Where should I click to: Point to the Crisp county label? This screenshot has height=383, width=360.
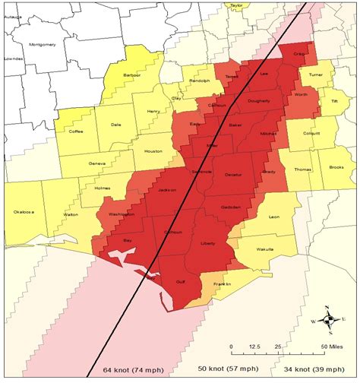coord(299,55)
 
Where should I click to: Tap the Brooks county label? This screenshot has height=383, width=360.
coord(337,168)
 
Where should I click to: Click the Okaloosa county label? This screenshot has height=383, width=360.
coord(24,213)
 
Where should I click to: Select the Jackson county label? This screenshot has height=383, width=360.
coord(167,189)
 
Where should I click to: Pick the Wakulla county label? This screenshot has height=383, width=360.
coord(264,248)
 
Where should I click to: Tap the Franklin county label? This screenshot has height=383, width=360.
coord(223,283)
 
